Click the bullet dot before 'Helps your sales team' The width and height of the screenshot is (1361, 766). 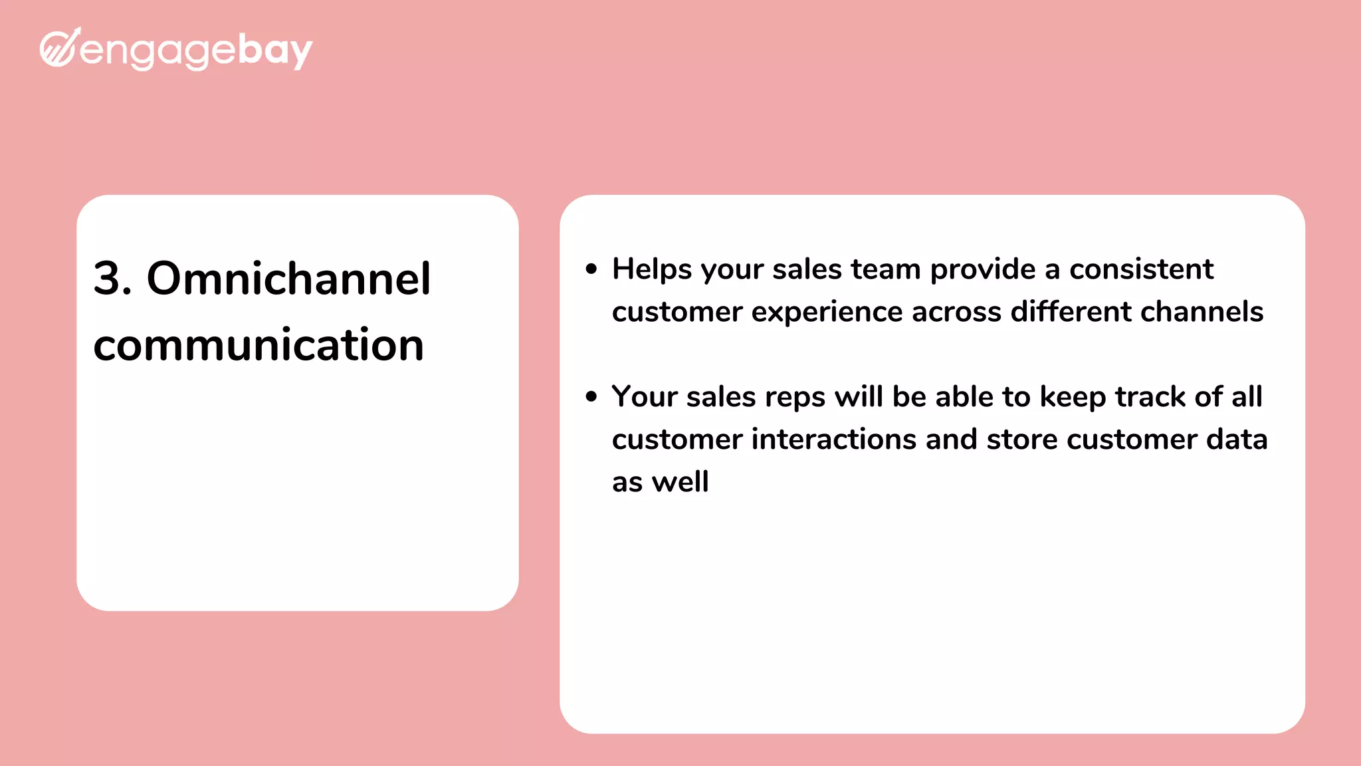591,269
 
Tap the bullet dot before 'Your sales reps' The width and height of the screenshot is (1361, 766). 591,397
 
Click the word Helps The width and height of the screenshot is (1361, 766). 652,269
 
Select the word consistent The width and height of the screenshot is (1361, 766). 1141,269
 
